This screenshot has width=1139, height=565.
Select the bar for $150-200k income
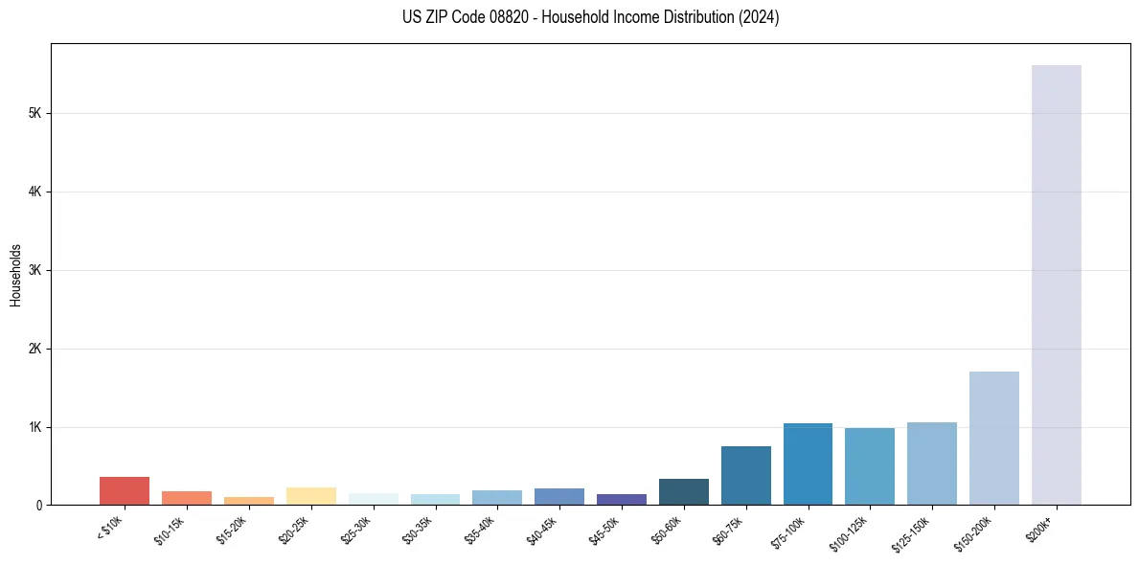993,438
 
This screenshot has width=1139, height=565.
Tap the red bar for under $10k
125,490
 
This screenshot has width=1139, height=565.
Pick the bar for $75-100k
808,463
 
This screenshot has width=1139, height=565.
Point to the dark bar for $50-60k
683,491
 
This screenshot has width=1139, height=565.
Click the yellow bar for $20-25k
310,496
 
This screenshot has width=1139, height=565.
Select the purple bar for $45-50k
621,499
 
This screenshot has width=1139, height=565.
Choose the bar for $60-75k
745,475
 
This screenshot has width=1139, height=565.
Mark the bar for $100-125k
870,466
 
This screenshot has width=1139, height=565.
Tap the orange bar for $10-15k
187,498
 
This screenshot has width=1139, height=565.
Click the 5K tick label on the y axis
35,113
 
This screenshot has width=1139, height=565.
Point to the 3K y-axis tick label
35,270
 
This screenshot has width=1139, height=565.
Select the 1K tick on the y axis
35,427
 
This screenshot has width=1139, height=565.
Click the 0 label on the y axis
39,505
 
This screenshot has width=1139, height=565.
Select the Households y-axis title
15,275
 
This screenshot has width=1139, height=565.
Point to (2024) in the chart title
757,17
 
